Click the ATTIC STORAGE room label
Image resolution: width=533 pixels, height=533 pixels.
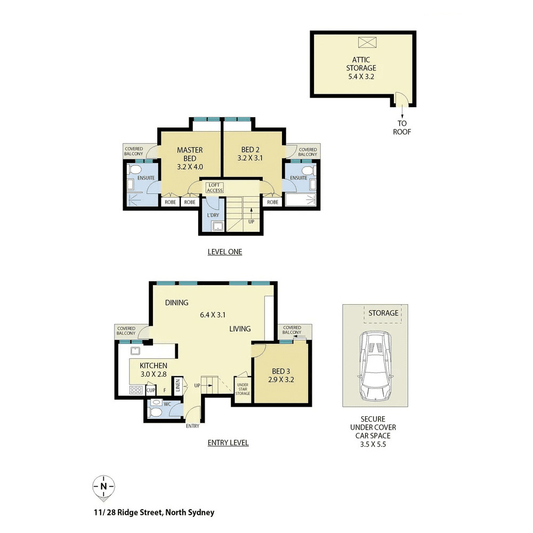pos(361,63)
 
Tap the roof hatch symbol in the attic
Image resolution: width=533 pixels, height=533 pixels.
pos(367,43)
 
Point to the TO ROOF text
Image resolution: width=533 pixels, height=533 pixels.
pos(402,127)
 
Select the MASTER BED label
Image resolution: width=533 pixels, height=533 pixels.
pos(190,154)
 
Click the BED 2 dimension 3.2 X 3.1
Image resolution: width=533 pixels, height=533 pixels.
pos(250,158)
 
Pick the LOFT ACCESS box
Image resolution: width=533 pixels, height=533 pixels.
pos(214,188)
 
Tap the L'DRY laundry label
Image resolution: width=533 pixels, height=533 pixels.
pos(213,215)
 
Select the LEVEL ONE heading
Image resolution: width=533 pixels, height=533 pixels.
pos(225,252)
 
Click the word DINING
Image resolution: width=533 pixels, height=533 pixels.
pos(176,303)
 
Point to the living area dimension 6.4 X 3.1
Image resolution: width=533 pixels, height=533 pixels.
pos(213,315)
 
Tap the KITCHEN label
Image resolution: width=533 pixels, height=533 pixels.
pos(154,366)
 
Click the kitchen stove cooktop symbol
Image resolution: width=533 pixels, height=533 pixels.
pos(136,390)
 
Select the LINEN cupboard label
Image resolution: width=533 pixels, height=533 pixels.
pos(177,385)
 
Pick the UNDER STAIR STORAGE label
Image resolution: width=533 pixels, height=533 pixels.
pos(243,389)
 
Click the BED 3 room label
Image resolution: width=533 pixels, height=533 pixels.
pos(281,372)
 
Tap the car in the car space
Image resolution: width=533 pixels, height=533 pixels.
pos(375,366)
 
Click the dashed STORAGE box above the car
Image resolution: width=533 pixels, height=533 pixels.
pos(383,313)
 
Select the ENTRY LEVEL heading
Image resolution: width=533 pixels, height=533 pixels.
pos(228,443)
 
